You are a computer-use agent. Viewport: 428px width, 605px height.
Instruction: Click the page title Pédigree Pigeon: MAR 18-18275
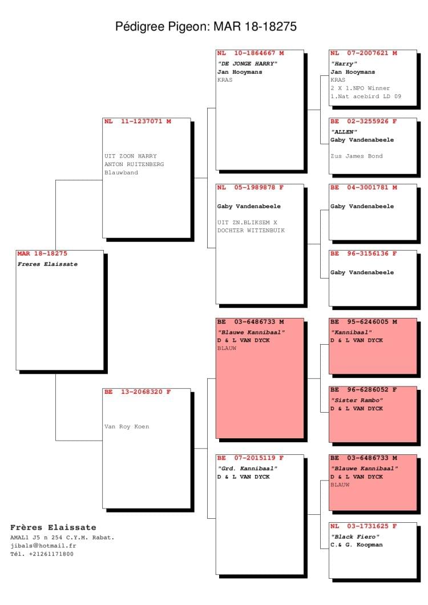[x=205, y=27]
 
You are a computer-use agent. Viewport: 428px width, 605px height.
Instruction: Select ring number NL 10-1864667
[x=250, y=53]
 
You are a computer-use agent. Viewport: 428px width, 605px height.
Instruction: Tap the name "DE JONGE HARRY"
[x=247, y=64]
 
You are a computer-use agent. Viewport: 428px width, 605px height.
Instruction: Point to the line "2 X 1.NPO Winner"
[x=360, y=88]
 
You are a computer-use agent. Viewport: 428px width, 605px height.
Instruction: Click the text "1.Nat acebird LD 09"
[x=365, y=96]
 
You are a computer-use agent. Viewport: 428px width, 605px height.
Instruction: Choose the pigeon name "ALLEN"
[x=344, y=132]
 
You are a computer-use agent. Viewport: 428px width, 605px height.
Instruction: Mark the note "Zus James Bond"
[x=357, y=156]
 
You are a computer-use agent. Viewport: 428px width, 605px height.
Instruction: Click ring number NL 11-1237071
[x=138, y=121]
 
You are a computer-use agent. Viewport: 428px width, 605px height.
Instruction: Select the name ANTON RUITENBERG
[x=134, y=164]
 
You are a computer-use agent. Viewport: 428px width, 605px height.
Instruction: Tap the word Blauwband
[x=121, y=172]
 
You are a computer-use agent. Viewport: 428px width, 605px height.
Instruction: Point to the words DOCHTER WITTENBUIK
[x=251, y=231]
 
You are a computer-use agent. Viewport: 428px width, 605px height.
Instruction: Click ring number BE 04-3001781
[x=364, y=188]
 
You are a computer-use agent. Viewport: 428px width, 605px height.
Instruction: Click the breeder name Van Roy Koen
[x=127, y=426]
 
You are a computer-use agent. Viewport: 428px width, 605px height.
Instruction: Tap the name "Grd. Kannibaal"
[x=247, y=469]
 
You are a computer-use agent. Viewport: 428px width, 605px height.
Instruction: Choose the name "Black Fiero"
[x=355, y=537]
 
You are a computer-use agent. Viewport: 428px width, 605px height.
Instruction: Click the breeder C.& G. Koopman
[x=357, y=545]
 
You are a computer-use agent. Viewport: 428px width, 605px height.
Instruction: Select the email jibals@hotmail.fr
[x=43, y=546]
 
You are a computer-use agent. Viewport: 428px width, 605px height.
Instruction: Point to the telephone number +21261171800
[x=51, y=554]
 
